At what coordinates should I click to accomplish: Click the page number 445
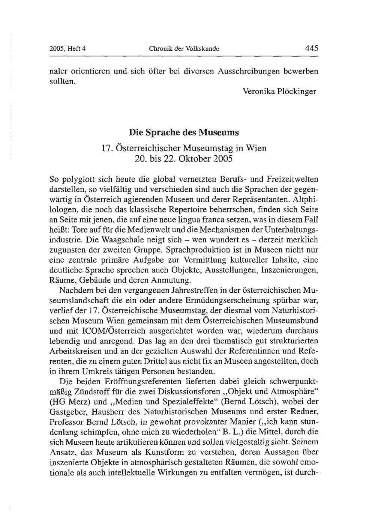(311, 48)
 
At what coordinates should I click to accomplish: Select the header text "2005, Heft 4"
(68, 48)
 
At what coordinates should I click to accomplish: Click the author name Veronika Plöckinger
(279, 91)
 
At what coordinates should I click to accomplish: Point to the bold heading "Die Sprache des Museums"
(184, 132)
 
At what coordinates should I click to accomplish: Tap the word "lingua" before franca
(192, 219)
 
